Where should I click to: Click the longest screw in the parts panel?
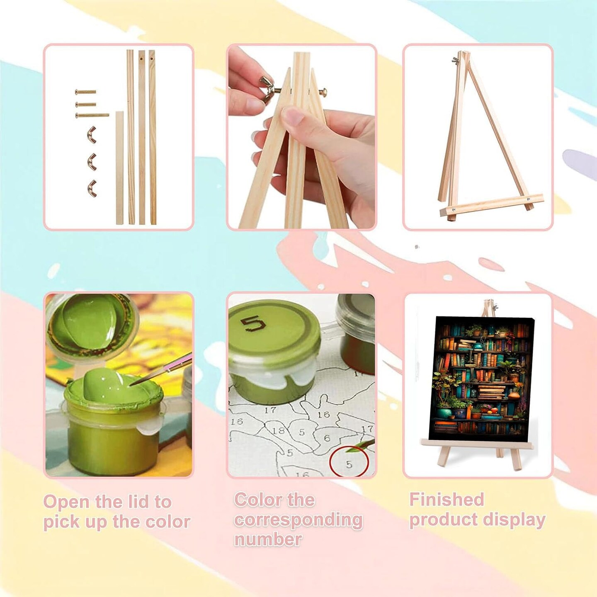point(92,115)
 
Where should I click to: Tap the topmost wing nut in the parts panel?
point(91,133)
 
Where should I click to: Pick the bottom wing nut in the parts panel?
point(91,187)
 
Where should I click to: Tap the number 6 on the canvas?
point(327,438)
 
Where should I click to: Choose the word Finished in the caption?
point(447,500)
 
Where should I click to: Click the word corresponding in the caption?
point(298,520)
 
